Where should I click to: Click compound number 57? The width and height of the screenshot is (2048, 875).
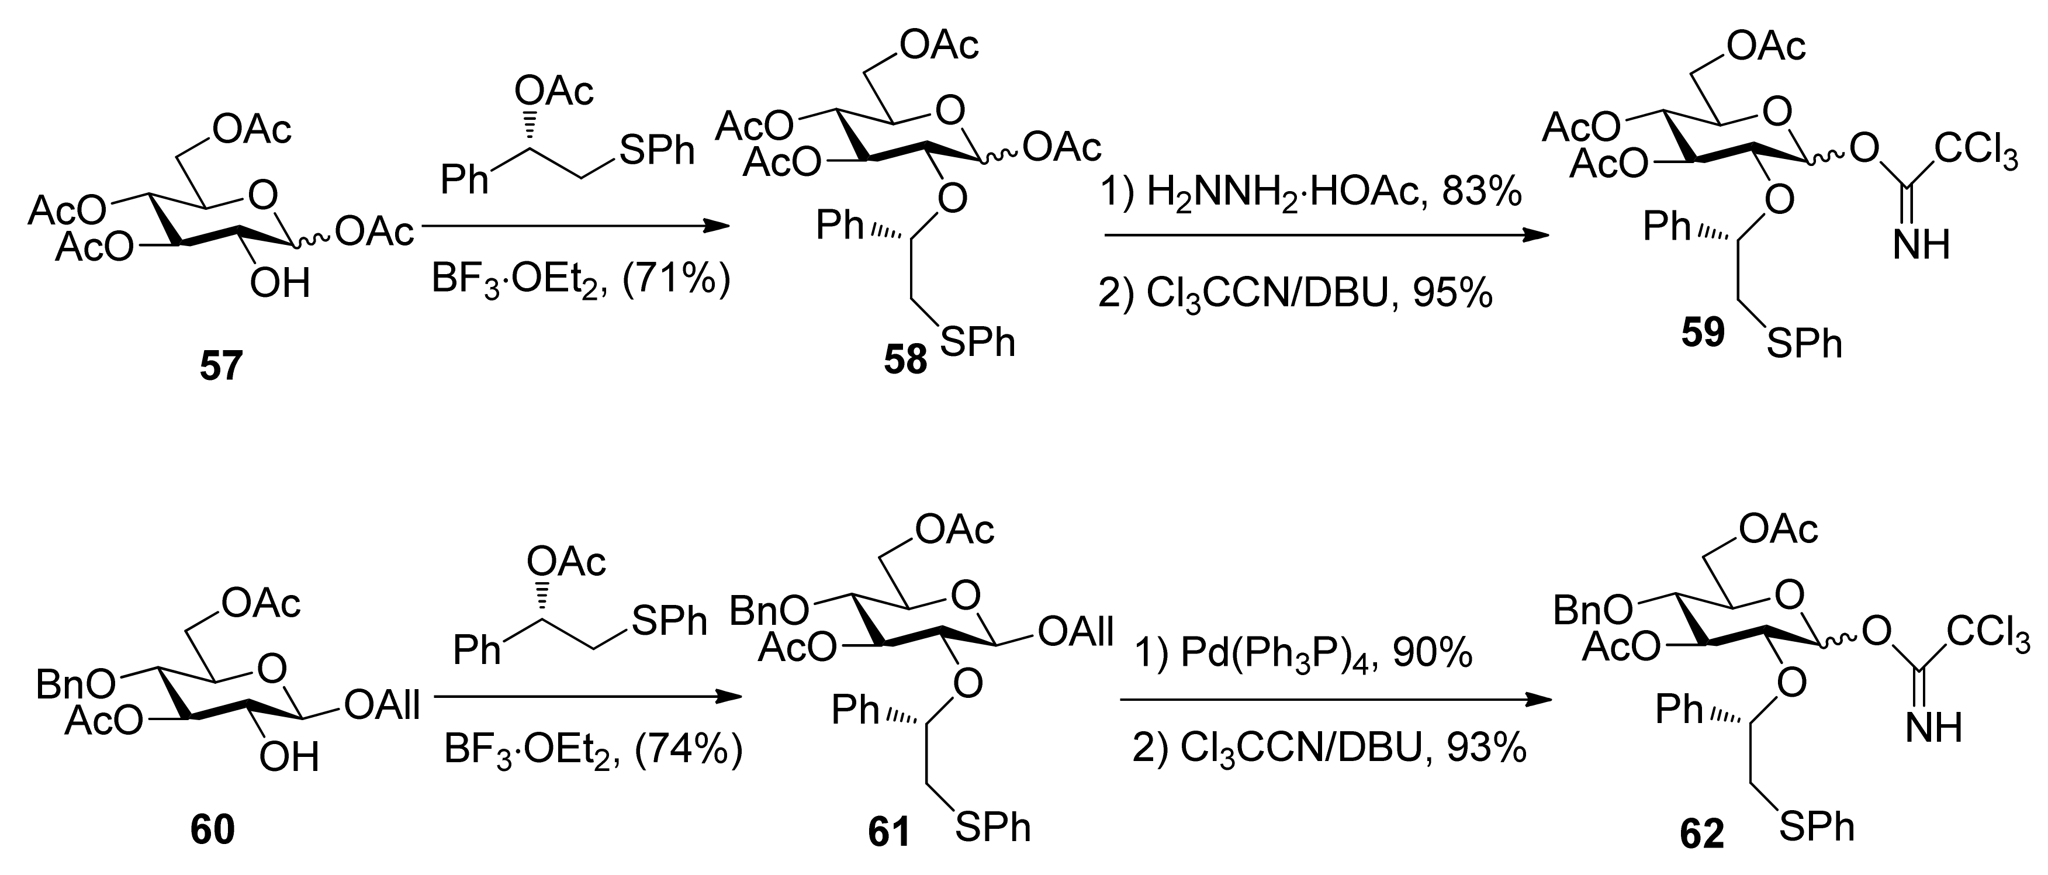[x=220, y=367]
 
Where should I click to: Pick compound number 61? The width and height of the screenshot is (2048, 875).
[x=889, y=833]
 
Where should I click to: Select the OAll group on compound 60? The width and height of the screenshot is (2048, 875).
[x=382, y=705]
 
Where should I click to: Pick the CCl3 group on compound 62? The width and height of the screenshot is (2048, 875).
[x=1988, y=634]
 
